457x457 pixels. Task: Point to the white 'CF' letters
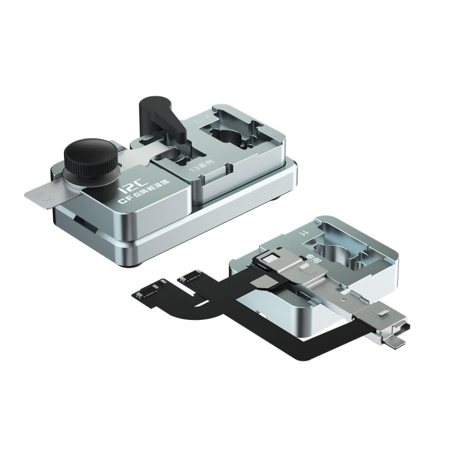pos(122,199)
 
